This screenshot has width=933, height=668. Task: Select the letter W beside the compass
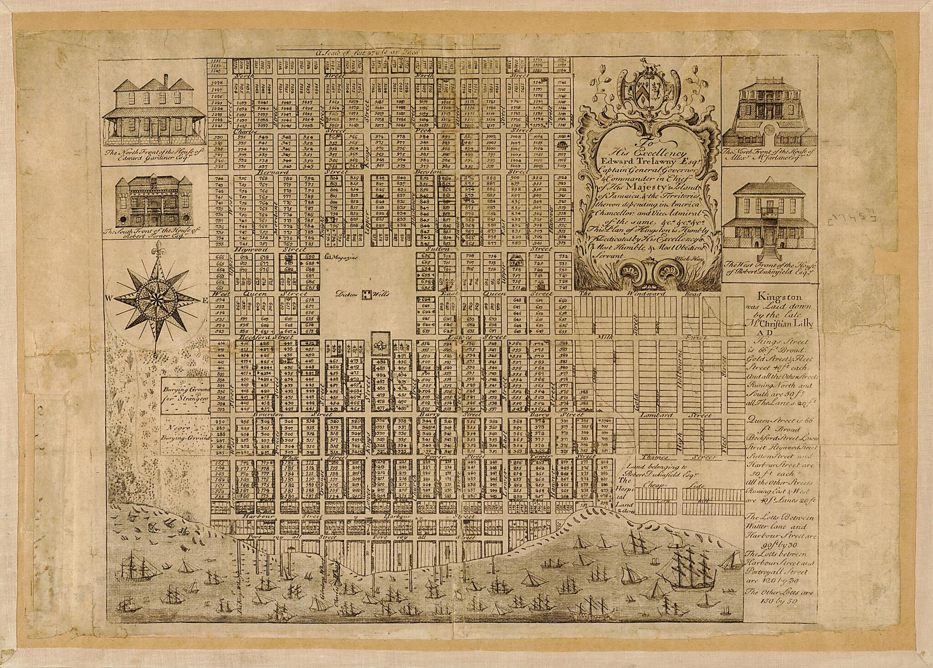(x=109, y=299)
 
